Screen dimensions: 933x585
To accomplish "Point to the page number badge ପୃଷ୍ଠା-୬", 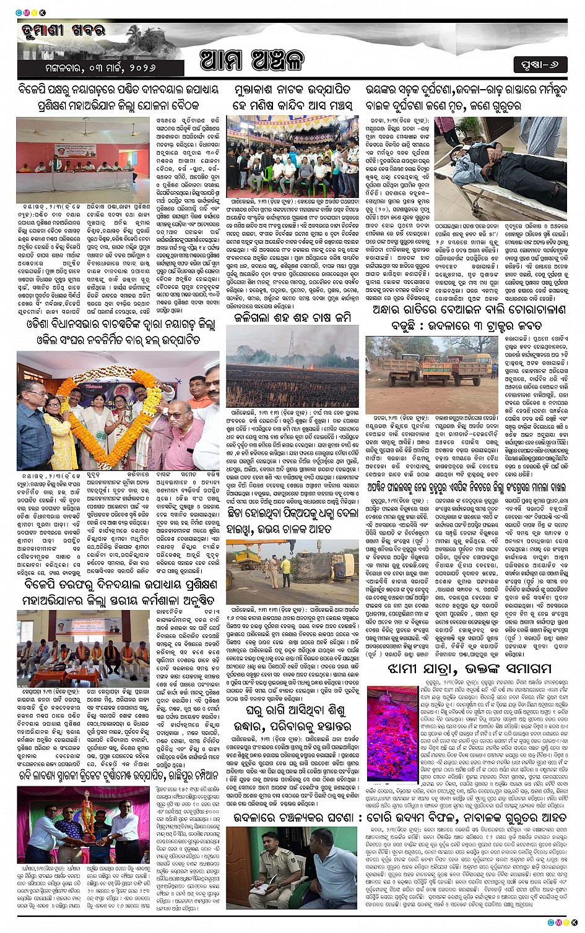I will [x=539, y=64].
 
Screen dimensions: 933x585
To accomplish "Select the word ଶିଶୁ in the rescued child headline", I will [x=325, y=711].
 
